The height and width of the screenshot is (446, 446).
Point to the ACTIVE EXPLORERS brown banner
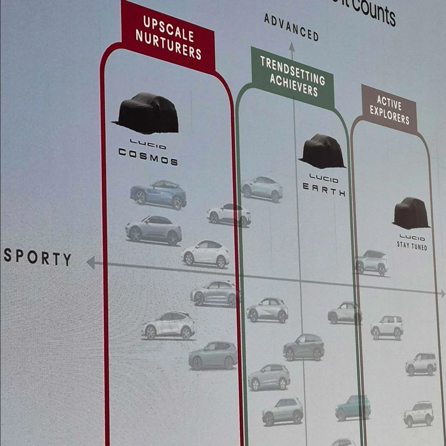pyautogui.click(x=389, y=109)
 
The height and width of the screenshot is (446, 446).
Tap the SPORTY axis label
pyautogui.click(x=37, y=257)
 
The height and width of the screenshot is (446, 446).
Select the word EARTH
pyautogui.click(x=324, y=190)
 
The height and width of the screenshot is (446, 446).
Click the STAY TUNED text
pyautogui.click(x=412, y=245)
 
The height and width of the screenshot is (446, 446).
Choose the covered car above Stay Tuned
pyautogui.click(x=411, y=213)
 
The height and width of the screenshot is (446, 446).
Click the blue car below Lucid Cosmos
pyautogui.click(x=158, y=194)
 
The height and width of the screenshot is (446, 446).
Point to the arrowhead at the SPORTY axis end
pyautogui.click(x=90, y=262)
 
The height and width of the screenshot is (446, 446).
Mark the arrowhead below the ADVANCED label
pyautogui.click(x=292, y=47)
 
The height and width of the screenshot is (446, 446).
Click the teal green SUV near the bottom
pyautogui.click(x=353, y=408)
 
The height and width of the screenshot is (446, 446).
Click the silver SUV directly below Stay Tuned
pyautogui.click(x=371, y=262)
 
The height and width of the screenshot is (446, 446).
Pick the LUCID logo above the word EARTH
pyautogui.click(x=323, y=178)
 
